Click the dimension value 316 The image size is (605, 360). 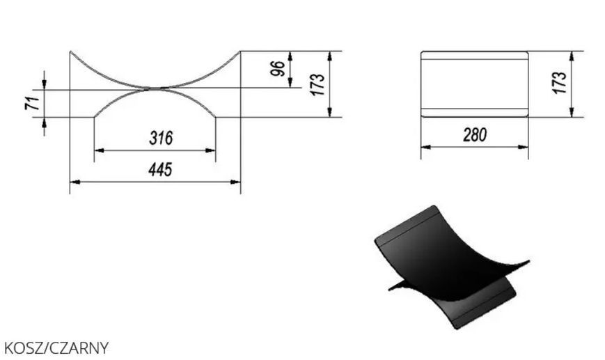click(161, 138)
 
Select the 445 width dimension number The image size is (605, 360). click(160, 169)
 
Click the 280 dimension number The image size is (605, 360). click(475, 135)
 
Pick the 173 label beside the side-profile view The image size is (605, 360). click(317, 84)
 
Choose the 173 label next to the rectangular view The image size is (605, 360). click(559, 82)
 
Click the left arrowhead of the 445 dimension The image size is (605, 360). click(74, 182)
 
